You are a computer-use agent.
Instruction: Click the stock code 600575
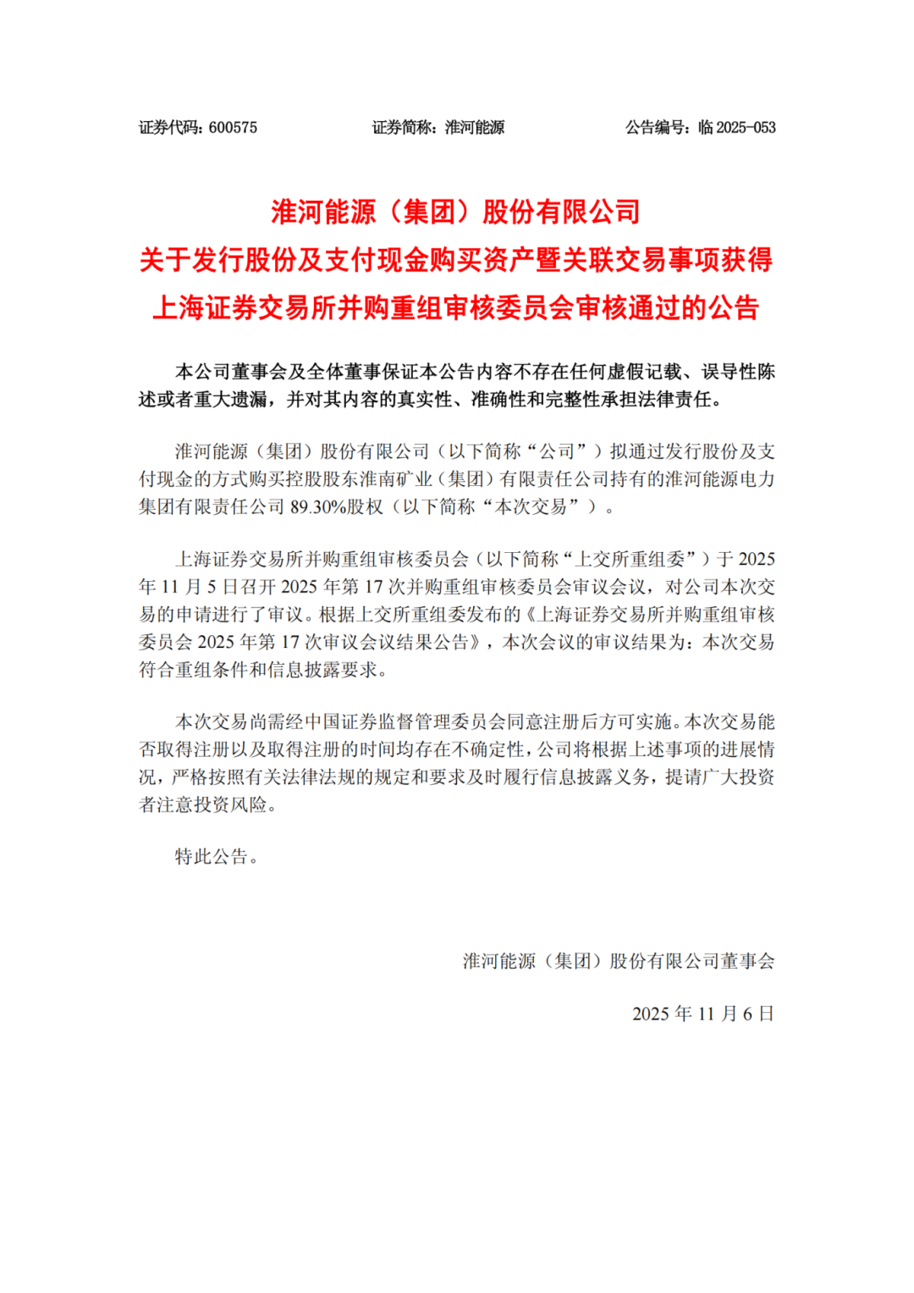pos(233,128)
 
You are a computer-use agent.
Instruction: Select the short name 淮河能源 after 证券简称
pos(475,128)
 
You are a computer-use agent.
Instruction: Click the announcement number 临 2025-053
pos(736,128)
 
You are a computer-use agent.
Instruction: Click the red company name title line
pos(456,212)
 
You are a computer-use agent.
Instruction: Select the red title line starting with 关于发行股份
pos(456,260)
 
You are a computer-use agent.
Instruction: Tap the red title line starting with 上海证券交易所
pos(456,308)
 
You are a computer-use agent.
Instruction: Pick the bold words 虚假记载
pos(645,372)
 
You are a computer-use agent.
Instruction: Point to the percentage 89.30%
pos(314,507)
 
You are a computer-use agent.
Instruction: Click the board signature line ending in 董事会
pos(619,961)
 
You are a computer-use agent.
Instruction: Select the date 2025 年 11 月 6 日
pos(703,1014)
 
